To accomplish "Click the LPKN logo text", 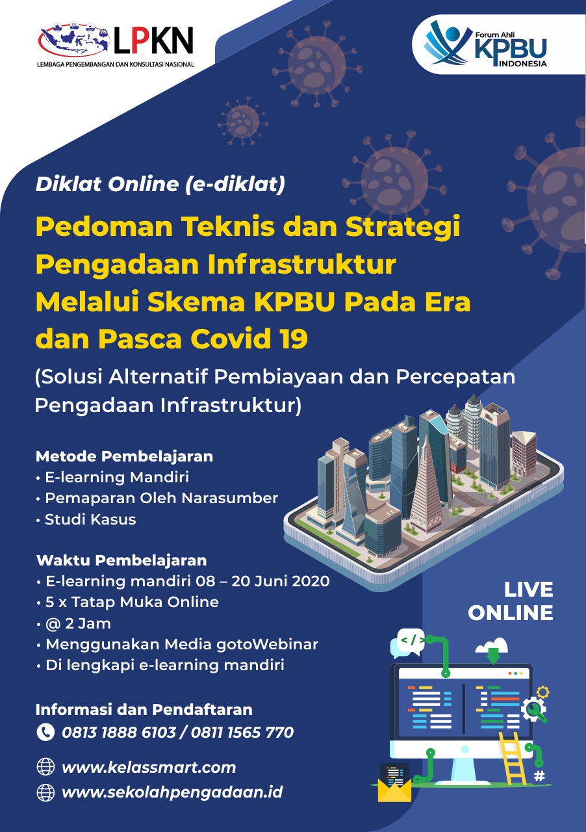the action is pyautogui.click(x=153, y=41).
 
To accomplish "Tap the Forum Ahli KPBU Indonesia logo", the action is pyautogui.click(x=486, y=44).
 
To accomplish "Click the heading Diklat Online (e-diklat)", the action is pyautogui.click(x=160, y=184).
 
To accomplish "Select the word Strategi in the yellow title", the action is pyautogui.click(x=403, y=227).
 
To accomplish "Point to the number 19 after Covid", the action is pyautogui.click(x=294, y=339).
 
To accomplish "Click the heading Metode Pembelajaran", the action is pyautogui.click(x=124, y=456).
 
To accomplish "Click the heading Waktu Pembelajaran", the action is pyautogui.click(x=121, y=560).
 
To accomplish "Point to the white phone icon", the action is pyautogui.click(x=45, y=732).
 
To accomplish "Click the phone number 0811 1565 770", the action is pyautogui.click(x=242, y=733).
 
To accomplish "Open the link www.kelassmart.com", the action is pyautogui.click(x=149, y=768).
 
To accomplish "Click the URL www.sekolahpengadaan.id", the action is pyautogui.click(x=172, y=792).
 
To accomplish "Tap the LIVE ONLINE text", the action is pyautogui.click(x=511, y=601).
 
